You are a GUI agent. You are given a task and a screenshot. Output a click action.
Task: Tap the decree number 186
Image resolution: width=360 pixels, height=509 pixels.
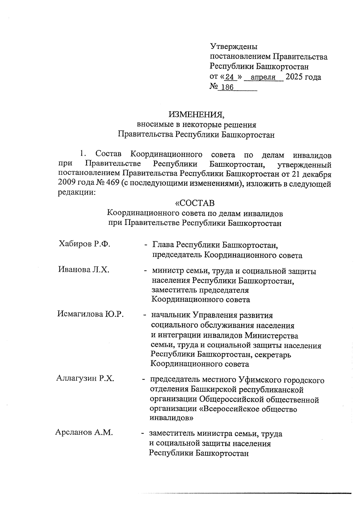[x=227, y=88]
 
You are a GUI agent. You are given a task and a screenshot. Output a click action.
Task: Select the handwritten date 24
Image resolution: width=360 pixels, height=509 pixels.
[x=229, y=77]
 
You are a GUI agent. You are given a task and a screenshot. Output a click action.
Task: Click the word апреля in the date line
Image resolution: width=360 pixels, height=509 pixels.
[x=263, y=77]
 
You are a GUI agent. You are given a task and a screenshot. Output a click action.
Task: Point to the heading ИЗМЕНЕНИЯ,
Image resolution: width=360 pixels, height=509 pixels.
[x=196, y=114]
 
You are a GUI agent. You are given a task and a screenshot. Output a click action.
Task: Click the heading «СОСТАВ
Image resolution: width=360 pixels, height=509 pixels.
[x=195, y=203]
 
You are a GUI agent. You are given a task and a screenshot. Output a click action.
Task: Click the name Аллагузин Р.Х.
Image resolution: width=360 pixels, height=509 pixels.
[x=85, y=379]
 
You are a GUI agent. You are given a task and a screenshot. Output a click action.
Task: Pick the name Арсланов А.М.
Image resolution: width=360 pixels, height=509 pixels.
[x=84, y=433]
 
